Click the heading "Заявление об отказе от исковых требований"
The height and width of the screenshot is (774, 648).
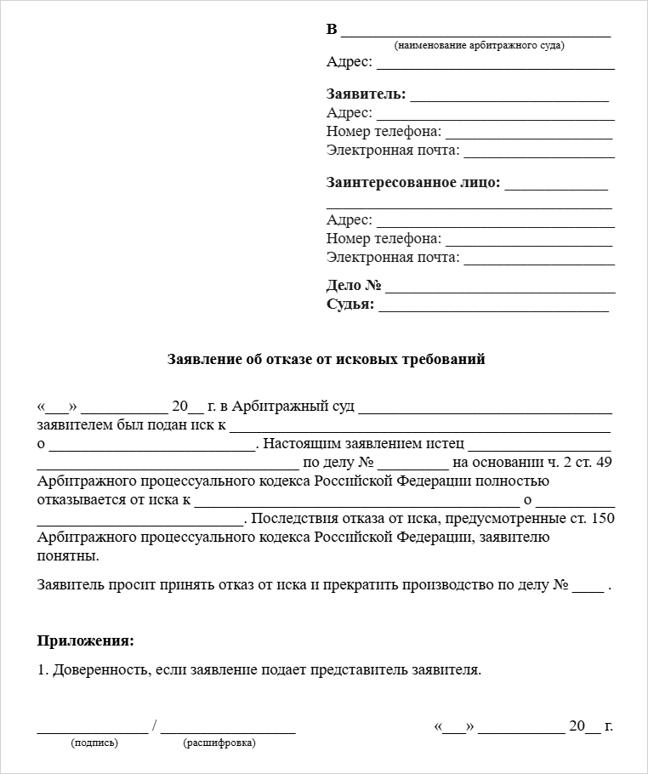coord(327,360)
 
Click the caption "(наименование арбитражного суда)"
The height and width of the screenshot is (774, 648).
coord(480,45)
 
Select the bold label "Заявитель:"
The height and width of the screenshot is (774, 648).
coord(366,94)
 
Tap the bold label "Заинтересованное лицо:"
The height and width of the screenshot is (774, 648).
coord(413,183)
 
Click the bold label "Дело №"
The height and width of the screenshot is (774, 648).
coord(353,286)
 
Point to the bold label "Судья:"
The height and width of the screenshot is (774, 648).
coord(350,304)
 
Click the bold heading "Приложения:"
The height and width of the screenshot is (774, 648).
coord(86,640)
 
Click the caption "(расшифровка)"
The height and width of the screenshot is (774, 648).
coord(219,743)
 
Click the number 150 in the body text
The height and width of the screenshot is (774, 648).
coord(602,518)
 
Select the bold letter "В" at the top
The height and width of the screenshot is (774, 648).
coord(332,30)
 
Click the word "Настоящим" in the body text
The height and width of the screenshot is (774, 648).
coord(302,443)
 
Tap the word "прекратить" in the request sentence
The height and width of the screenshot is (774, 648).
coord(402,585)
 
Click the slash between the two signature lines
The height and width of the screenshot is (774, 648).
coord(154,726)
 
